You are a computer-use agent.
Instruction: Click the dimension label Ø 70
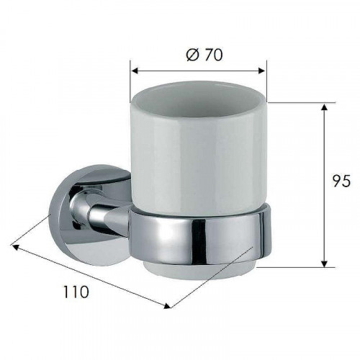coord(204,55)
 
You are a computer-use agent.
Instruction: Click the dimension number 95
coord(341,181)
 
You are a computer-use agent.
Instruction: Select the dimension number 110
coord(76,292)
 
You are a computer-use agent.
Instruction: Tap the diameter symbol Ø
coord(193,55)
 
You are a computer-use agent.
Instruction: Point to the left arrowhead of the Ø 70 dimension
coord(135,71)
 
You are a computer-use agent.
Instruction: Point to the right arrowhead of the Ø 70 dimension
coord(261,71)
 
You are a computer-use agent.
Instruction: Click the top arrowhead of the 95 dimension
coord(324,107)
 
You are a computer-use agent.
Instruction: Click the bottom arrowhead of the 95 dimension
coord(324,264)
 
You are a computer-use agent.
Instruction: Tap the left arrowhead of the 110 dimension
coord(15,246)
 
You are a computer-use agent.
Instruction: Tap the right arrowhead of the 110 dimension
coord(167,306)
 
